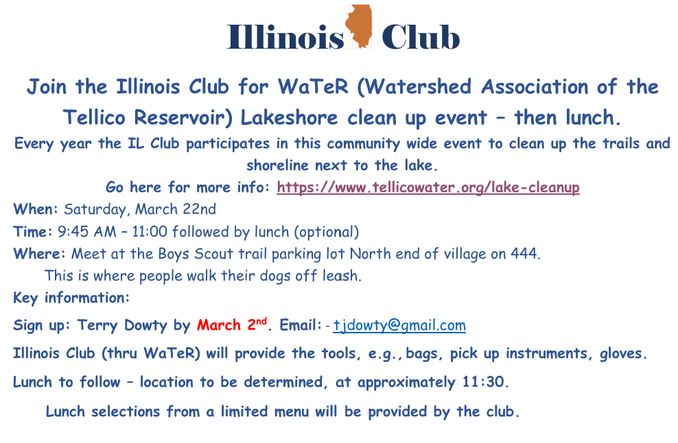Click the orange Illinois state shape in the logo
click(x=359, y=26)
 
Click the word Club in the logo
click(x=420, y=37)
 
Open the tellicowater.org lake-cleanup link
click(x=428, y=188)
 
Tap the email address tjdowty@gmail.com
click(x=399, y=325)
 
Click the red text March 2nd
click(x=232, y=324)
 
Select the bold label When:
click(x=36, y=209)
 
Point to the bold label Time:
click(x=33, y=232)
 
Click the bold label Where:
click(x=39, y=254)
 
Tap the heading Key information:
click(x=71, y=298)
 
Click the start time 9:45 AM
click(x=87, y=232)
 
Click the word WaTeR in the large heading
click(x=313, y=86)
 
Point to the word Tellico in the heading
click(x=94, y=117)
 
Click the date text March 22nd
click(x=176, y=209)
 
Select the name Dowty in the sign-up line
click(x=145, y=325)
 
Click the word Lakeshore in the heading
click(x=289, y=117)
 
